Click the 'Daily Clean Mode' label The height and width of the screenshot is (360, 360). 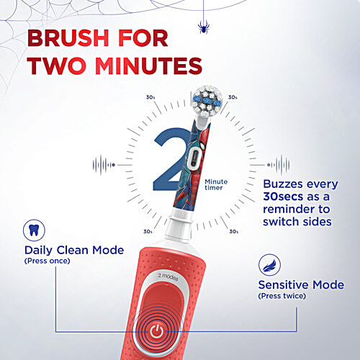point(73,250)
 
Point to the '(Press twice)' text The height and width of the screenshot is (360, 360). point(281,295)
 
